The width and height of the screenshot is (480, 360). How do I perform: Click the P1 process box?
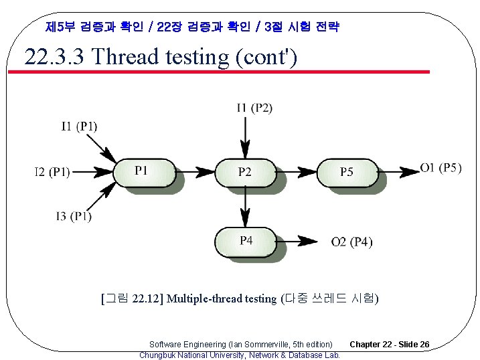point(142,172)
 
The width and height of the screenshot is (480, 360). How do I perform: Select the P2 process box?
point(245,172)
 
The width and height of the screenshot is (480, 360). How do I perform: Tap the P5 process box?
point(346,172)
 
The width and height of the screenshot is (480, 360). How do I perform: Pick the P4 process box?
point(245,241)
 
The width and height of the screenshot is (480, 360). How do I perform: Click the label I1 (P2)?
point(254,108)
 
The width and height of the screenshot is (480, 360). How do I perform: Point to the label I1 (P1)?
point(79,126)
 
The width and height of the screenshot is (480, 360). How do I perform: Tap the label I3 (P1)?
point(74,216)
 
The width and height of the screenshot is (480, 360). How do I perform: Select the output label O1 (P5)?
point(441,168)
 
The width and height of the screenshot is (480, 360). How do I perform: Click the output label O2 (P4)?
point(352,242)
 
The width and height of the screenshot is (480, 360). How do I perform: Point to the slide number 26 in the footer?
point(424,345)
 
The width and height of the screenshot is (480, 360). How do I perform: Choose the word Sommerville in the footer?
point(265,345)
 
